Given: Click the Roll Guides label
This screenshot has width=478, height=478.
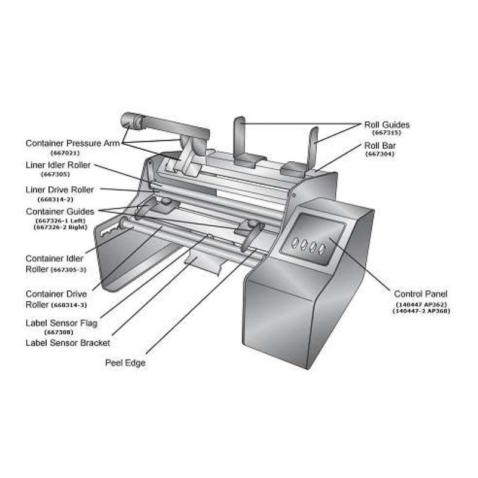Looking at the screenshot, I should tap(387, 124).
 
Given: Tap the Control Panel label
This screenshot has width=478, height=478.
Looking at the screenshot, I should tap(420, 294).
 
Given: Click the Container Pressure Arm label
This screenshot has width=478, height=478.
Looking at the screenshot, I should tap(73, 143).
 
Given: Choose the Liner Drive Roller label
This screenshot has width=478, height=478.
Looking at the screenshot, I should tap(59, 189).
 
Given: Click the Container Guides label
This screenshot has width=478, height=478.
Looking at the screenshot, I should tap(60, 212).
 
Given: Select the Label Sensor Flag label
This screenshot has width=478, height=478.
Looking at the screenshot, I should tap(62, 323).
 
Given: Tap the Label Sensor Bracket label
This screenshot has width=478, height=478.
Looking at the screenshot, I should tap(68, 343).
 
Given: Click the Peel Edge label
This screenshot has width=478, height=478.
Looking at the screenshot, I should tap(125, 363).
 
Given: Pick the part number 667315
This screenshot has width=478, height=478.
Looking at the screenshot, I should tap(386, 133).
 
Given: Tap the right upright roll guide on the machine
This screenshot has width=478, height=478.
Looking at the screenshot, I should tap(312, 146).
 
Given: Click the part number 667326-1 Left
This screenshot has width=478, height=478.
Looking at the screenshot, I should tap(60, 220).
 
